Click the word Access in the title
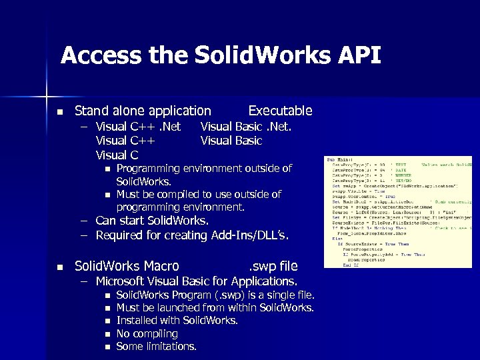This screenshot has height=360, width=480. pyautogui.click(x=102, y=55)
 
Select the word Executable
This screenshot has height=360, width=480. pyautogui.click(x=280, y=111)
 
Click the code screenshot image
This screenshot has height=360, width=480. pyautogui.click(x=398, y=213)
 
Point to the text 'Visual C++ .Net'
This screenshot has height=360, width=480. pyautogui.click(x=138, y=126)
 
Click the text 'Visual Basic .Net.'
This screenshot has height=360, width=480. pyautogui.click(x=246, y=126)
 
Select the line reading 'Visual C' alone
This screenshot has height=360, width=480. pyautogui.click(x=117, y=155)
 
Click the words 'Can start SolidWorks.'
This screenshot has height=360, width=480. pyautogui.click(x=152, y=221)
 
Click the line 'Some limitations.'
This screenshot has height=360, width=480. pyautogui.click(x=156, y=346)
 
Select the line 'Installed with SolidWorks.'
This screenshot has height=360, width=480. pyautogui.click(x=177, y=321)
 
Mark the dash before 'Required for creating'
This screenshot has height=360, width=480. pyautogui.click(x=85, y=235)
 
